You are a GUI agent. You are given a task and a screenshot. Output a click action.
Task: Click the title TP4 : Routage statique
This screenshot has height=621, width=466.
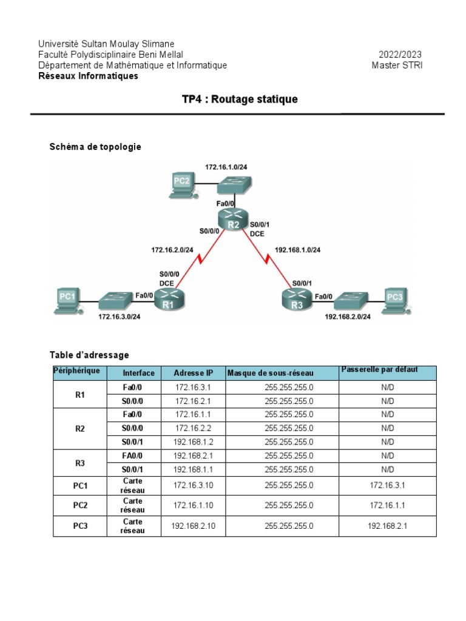[x=240, y=99]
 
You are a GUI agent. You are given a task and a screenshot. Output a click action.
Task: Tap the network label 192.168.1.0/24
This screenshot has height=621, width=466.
[x=298, y=249]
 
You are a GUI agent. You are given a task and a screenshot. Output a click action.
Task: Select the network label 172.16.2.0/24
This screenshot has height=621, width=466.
[x=172, y=249]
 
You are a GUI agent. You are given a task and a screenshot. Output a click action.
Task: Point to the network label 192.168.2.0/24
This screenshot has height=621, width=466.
[x=348, y=316]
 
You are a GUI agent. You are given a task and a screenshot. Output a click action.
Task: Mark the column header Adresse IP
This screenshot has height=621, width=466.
[x=193, y=373]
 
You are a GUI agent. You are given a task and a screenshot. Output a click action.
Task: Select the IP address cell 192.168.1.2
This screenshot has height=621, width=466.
[x=193, y=442]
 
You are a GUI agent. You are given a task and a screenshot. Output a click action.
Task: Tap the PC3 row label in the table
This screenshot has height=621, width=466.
[x=81, y=526]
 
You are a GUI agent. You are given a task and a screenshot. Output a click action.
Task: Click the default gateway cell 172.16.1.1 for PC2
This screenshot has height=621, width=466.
[x=387, y=505]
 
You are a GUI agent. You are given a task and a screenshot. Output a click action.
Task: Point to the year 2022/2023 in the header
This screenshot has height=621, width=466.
[x=400, y=55]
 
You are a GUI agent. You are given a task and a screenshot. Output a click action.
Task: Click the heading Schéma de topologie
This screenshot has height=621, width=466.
[x=95, y=147]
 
